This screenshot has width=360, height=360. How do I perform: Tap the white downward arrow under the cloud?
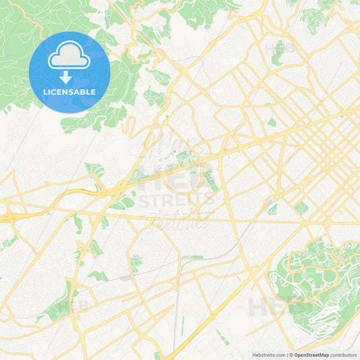(x=66, y=76)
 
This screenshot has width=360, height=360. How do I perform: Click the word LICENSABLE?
(x=70, y=92)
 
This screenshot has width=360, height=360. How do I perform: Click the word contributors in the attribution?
(x=344, y=355)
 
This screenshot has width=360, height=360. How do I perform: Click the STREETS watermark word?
(x=178, y=199)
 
